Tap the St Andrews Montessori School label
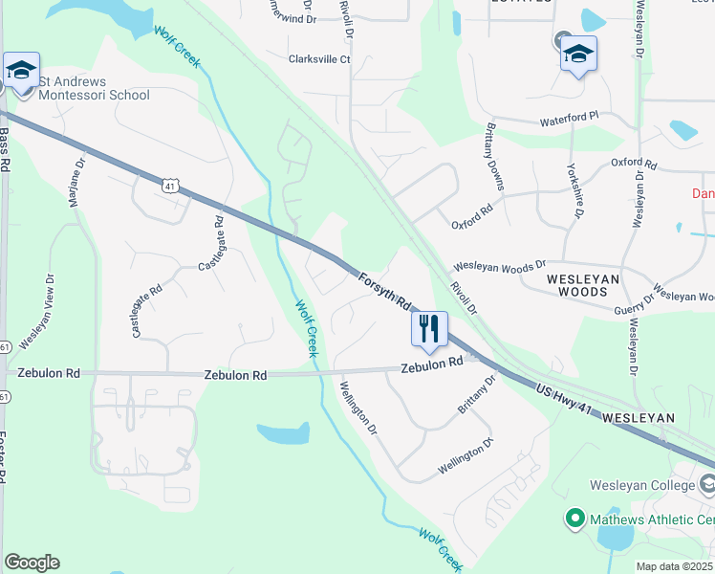coord(94,88)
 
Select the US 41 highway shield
coord(169,184)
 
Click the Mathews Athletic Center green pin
coord(574,519)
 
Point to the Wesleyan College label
coord(642,485)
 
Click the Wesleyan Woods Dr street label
coord(499,264)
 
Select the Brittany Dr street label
coord(477,393)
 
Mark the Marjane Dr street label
coord(76,182)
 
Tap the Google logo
coord(32,563)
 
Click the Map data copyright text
coord(674,566)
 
